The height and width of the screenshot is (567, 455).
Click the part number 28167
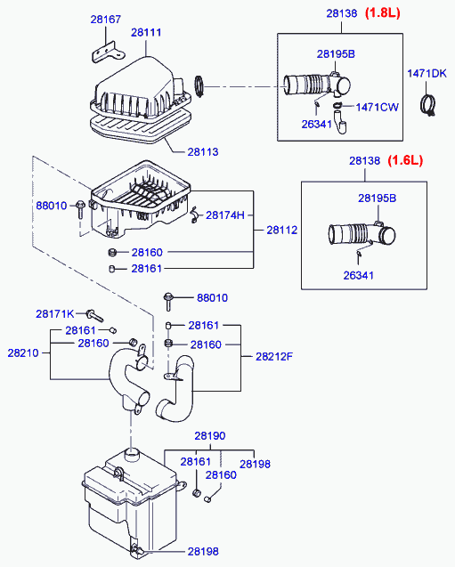click(106, 20)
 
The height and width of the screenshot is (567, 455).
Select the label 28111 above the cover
click(146, 33)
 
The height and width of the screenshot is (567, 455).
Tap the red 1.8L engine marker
click(383, 13)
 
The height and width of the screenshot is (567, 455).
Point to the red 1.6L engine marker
click(405, 160)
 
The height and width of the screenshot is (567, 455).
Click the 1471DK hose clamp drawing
click(428, 105)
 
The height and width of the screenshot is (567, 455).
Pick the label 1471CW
click(378, 108)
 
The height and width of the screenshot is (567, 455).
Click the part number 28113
click(203, 152)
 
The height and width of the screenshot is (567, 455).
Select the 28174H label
click(225, 215)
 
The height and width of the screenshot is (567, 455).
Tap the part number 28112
click(282, 230)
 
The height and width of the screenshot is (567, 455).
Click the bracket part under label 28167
click(107, 53)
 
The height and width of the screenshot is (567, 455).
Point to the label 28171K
click(54, 314)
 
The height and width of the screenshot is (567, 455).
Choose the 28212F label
click(274, 357)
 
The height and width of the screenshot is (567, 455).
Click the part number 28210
click(23, 352)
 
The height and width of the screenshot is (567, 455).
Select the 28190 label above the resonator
click(210, 436)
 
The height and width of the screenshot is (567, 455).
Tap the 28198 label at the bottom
click(203, 552)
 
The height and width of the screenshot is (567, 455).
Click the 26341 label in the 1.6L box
click(359, 276)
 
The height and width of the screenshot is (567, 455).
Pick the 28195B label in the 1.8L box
click(336, 54)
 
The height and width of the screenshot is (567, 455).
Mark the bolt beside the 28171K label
click(94, 315)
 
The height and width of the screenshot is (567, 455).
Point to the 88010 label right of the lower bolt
click(212, 298)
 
